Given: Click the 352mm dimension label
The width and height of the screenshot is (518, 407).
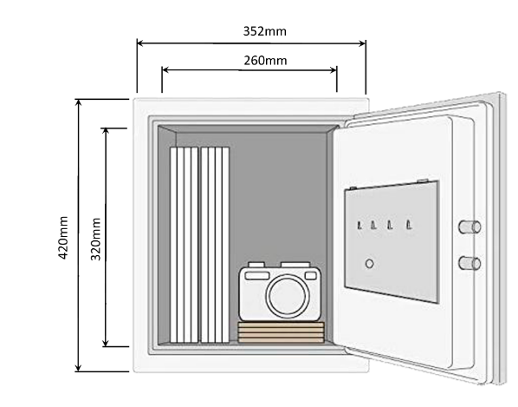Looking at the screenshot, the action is click(264, 31).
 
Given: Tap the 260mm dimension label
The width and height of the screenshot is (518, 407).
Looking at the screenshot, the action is click(265, 61).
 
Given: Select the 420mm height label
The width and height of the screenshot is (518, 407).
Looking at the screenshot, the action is click(62, 237).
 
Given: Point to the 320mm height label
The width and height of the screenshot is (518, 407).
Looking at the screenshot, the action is click(95, 239).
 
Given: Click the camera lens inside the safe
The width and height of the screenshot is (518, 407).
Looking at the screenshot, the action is click(288, 296).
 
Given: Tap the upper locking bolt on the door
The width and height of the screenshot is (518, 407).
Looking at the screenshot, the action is click(469, 227).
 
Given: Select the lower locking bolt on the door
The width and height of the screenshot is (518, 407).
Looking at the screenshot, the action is click(469, 264).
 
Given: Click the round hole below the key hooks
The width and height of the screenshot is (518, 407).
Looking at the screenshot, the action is click(369, 264).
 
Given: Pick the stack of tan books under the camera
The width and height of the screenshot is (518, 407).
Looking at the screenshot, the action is click(281, 332).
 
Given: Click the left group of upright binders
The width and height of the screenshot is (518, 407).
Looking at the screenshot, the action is click(184, 245).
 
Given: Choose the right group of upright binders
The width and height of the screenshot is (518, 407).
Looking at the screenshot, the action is click(215, 245).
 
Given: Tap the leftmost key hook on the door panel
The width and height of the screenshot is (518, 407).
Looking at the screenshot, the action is click(359, 226).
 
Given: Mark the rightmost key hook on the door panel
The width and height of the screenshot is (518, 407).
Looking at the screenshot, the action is click(409, 225).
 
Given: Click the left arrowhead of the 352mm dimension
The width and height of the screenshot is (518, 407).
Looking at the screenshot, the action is click(140, 43).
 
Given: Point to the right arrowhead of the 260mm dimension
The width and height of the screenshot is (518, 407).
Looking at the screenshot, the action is click(333, 69).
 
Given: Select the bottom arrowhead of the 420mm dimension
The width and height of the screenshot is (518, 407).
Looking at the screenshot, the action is click(78, 368).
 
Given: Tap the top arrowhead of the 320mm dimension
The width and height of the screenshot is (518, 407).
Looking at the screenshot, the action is click(106, 131).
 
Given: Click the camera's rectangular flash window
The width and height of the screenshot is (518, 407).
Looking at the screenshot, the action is click(257, 276).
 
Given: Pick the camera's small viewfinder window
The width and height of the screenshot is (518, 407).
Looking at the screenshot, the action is click(310, 276).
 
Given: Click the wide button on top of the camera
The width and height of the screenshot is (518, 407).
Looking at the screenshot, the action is click(295, 265).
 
